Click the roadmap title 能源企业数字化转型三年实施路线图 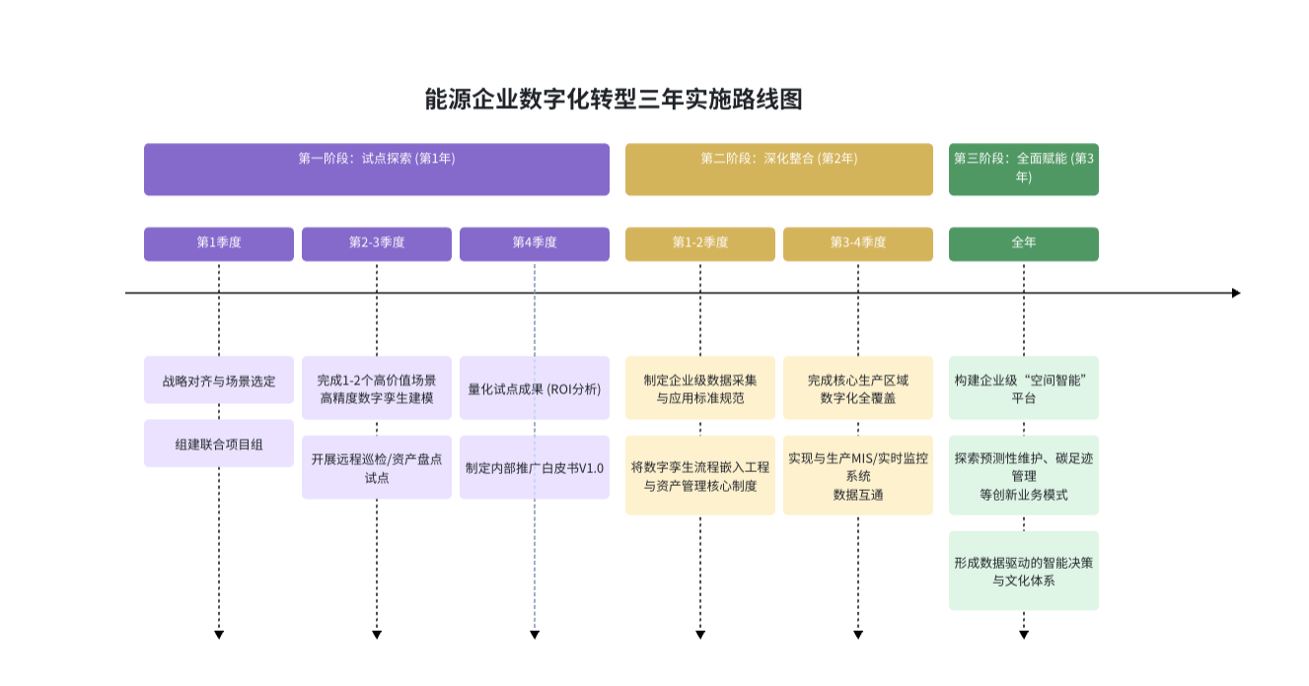pyautogui.click(x=614, y=100)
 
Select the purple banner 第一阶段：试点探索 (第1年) pyautogui.click(x=376, y=169)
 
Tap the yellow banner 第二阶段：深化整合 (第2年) pyautogui.click(x=778, y=169)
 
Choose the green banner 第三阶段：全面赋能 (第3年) pyautogui.click(x=1023, y=169)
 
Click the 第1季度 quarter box pyautogui.click(x=219, y=243)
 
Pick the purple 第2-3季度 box pyautogui.click(x=376, y=243)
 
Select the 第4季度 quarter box pyautogui.click(x=534, y=243)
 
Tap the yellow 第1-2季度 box pyautogui.click(x=699, y=243)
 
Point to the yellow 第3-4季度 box pyautogui.click(x=857, y=243)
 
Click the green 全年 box pyautogui.click(x=1023, y=243)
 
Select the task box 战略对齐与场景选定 pyautogui.click(x=219, y=380)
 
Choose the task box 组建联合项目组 pyautogui.click(x=219, y=444)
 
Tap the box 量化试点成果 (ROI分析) pyautogui.click(x=534, y=388)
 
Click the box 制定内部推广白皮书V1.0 pyautogui.click(x=534, y=467)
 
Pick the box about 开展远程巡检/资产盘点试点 pyautogui.click(x=376, y=467)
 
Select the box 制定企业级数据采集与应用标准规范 pyautogui.click(x=699, y=388)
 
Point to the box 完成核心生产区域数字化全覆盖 pyautogui.click(x=857, y=388)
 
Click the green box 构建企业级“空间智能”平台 pyautogui.click(x=1023, y=388)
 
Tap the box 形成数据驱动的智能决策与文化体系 pyautogui.click(x=1023, y=571)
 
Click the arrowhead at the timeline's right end pyautogui.click(x=1235, y=293)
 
